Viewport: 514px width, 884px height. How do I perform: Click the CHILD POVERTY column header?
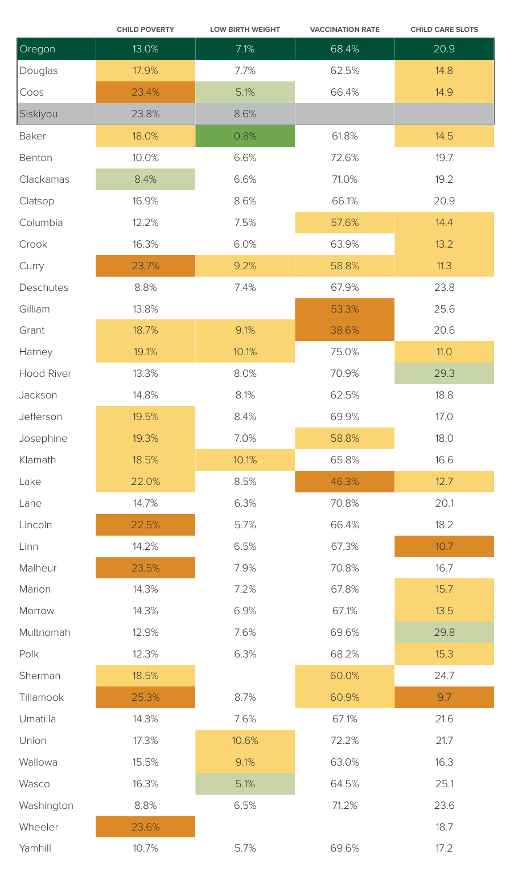click(145, 30)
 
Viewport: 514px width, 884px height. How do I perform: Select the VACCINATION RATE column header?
click(344, 30)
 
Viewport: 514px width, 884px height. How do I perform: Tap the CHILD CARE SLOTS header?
click(444, 30)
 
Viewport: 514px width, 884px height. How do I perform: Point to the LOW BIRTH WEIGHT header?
click(245, 30)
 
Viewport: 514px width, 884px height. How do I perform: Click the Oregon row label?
click(37, 49)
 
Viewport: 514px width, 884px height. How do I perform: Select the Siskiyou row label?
click(38, 114)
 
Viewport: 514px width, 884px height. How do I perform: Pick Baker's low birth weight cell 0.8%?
click(245, 136)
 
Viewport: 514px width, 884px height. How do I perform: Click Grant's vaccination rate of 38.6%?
click(344, 330)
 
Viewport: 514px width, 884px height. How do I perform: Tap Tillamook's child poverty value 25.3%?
click(145, 697)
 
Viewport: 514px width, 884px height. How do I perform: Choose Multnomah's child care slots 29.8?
click(444, 632)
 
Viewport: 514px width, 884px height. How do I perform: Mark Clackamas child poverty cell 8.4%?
click(145, 179)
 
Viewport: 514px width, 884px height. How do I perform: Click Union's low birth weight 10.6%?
click(245, 741)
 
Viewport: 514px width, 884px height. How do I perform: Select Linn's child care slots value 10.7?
click(444, 546)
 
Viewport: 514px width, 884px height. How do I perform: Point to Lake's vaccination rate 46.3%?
click(344, 482)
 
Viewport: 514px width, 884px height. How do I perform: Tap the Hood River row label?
click(45, 373)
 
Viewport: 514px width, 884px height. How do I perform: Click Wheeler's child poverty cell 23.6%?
click(145, 827)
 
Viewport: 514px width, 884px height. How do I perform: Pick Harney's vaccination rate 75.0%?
click(344, 352)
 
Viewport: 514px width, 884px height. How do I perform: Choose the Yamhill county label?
click(35, 848)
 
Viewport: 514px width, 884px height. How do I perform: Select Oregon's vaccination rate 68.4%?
click(344, 49)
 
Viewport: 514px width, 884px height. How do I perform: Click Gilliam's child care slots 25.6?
click(444, 309)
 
